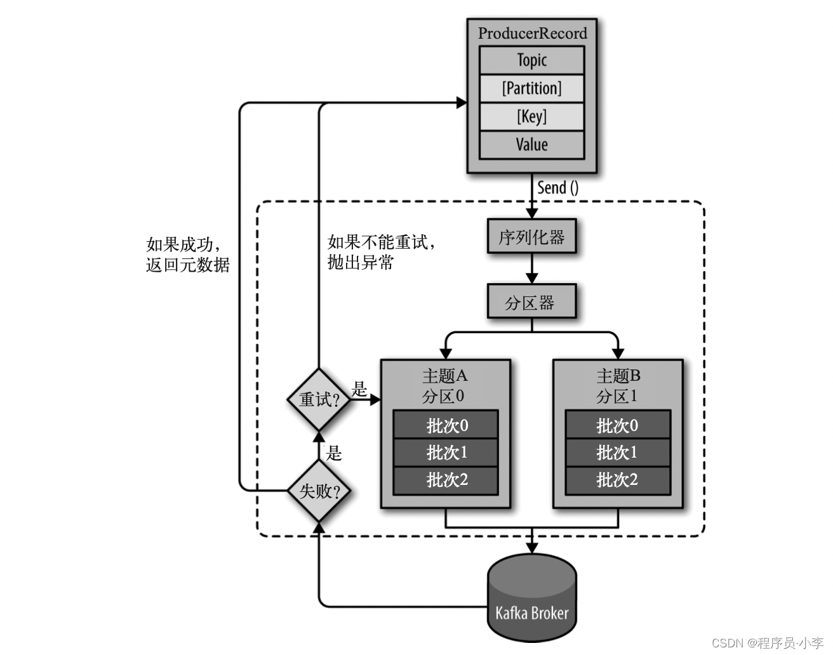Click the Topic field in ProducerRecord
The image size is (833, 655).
tap(531, 60)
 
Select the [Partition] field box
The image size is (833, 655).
tap(531, 89)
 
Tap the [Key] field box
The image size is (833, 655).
tap(531, 116)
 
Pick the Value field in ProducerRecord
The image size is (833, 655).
tap(531, 145)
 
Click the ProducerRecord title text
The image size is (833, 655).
tap(532, 33)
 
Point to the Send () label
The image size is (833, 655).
tap(558, 188)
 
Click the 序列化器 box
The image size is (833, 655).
tap(531, 236)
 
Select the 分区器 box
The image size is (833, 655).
tap(531, 301)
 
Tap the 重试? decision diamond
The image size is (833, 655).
tap(319, 399)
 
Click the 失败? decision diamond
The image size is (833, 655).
tap(319, 491)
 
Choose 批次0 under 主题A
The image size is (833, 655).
tap(446, 425)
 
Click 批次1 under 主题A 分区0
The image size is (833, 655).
tap(446, 453)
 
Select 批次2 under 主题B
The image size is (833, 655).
tap(618, 480)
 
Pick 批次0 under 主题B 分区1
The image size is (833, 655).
tap(618, 425)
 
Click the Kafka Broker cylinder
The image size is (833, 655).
tap(532, 597)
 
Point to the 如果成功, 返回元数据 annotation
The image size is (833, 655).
tap(188, 255)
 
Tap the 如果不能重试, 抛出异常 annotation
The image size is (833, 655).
tap(382, 252)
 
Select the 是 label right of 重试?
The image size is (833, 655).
tap(359, 388)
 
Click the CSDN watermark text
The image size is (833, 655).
tap(768, 642)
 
